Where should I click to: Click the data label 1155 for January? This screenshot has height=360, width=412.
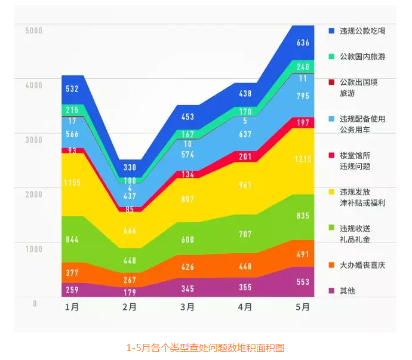point(72,181)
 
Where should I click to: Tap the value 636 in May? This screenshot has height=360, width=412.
point(303,42)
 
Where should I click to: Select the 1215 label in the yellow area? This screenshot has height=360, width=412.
point(303,159)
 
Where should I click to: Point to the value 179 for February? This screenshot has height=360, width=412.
point(130,293)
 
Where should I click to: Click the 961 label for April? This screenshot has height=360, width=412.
point(245,185)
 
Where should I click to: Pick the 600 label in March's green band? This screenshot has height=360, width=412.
point(187,239)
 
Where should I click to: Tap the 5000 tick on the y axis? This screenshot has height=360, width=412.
point(33,30)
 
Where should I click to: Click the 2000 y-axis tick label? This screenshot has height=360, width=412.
point(33,194)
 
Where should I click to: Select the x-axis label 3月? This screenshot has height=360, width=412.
point(187,308)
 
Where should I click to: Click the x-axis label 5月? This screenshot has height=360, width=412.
point(303,308)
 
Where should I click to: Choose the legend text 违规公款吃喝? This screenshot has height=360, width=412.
point(362,30)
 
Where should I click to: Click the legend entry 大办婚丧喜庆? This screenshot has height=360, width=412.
point(362,264)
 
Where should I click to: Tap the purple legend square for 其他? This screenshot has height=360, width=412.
point(331,291)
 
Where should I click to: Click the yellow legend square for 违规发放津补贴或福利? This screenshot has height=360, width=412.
point(331,192)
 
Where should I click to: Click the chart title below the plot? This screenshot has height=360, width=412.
point(205,347)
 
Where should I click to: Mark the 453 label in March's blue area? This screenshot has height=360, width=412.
point(187,117)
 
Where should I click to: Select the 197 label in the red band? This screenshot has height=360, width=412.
point(303,123)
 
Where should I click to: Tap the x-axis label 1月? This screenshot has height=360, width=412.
point(72,308)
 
